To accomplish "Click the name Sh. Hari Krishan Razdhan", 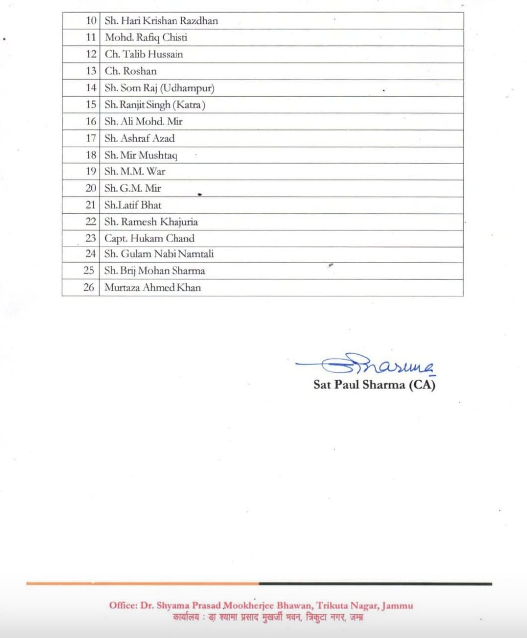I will click(x=161, y=21).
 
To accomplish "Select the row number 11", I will click(x=91, y=38).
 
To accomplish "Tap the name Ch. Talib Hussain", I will click(x=144, y=54).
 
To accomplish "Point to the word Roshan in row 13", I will click(x=140, y=71).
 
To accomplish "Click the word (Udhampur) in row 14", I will click(x=187, y=88).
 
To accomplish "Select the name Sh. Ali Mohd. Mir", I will click(x=144, y=122).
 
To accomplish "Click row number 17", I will click(x=91, y=138).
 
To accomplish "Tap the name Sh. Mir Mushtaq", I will click(x=141, y=155).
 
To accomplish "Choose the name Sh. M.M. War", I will click(x=135, y=172).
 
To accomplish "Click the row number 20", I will click(x=91, y=188).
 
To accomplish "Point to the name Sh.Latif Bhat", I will click(x=133, y=205).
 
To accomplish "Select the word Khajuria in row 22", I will click(x=179, y=222).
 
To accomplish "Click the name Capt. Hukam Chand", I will click(x=149, y=238).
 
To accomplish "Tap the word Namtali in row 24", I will click(x=196, y=254).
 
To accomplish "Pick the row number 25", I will click(x=89, y=271).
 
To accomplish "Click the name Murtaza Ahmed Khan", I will click(x=153, y=288).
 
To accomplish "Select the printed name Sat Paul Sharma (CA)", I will click(x=374, y=385).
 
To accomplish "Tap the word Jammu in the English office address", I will click(x=397, y=606).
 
